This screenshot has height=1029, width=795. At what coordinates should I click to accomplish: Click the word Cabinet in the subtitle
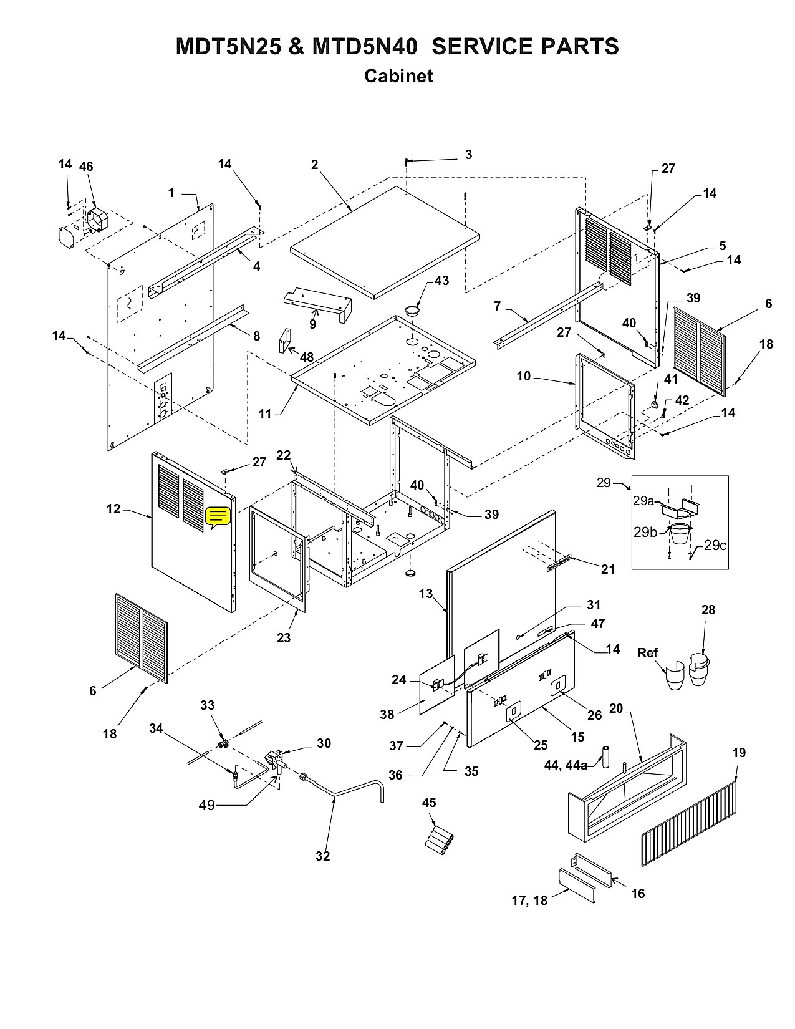[398, 75]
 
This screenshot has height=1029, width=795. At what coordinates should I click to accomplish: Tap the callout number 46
[86, 167]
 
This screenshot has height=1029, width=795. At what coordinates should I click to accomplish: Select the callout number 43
[441, 281]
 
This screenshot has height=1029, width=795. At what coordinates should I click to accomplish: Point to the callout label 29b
[646, 532]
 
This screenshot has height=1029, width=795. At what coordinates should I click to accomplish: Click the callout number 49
[206, 804]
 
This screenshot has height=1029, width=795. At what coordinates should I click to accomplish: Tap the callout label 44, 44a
[566, 765]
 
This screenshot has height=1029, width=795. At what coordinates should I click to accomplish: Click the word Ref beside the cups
[647, 653]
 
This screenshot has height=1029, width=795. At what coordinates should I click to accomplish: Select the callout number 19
[739, 753]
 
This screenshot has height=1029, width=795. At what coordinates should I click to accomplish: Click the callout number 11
[264, 414]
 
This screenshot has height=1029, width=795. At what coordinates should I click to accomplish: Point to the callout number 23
[284, 638]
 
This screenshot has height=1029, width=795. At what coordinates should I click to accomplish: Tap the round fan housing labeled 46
[96, 220]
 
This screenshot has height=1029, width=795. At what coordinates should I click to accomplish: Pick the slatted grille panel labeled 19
[688, 824]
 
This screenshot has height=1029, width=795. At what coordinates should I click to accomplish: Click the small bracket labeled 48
[285, 340]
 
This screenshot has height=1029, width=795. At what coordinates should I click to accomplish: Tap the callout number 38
[387, 714]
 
